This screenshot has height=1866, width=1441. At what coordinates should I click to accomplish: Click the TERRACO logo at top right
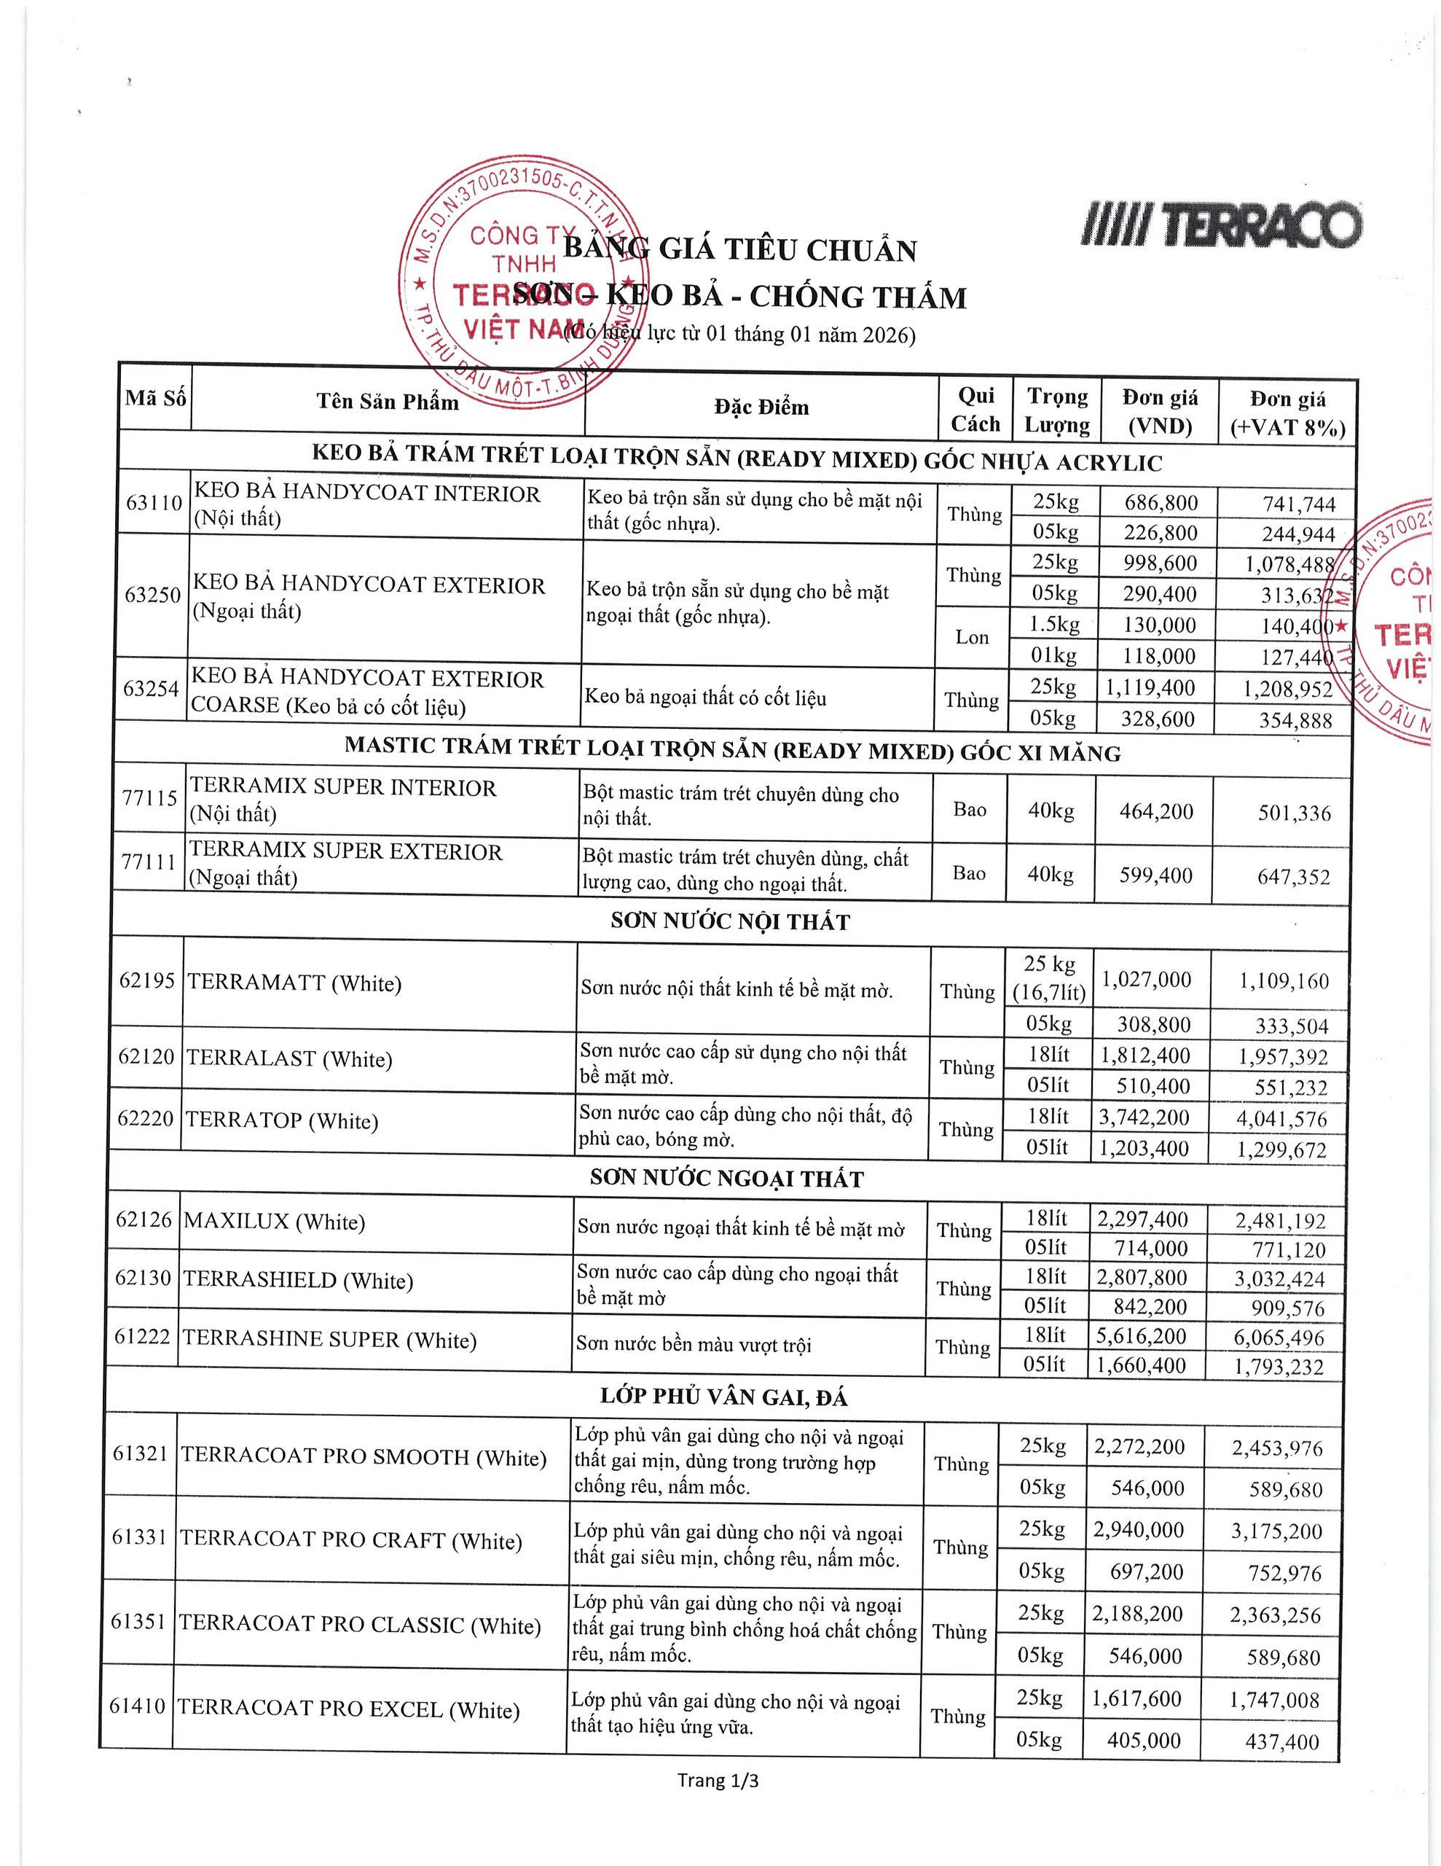point(1222,225)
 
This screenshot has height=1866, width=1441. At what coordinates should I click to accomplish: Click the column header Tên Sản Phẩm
point(388,402)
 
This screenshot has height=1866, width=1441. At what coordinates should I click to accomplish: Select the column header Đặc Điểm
point(761,407)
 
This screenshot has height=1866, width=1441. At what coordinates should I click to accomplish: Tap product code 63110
point(154,502)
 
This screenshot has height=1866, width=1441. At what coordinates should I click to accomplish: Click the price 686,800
point(1161,502)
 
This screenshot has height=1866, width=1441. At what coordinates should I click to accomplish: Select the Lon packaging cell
point(972,637)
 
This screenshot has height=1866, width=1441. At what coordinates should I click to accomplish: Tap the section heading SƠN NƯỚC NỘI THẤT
point(730,921)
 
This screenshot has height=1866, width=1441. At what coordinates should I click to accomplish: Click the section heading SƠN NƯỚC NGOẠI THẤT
point(727,1179)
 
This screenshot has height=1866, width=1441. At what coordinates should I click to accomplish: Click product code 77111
point(149,862)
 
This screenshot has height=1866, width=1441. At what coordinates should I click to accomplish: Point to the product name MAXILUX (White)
point(274,1222)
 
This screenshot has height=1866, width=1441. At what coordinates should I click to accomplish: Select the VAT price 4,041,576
point(1281,1120)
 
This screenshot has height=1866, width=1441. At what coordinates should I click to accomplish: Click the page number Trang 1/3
point(718,1781)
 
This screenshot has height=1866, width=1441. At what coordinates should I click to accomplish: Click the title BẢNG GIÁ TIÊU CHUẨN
point(739,249)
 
